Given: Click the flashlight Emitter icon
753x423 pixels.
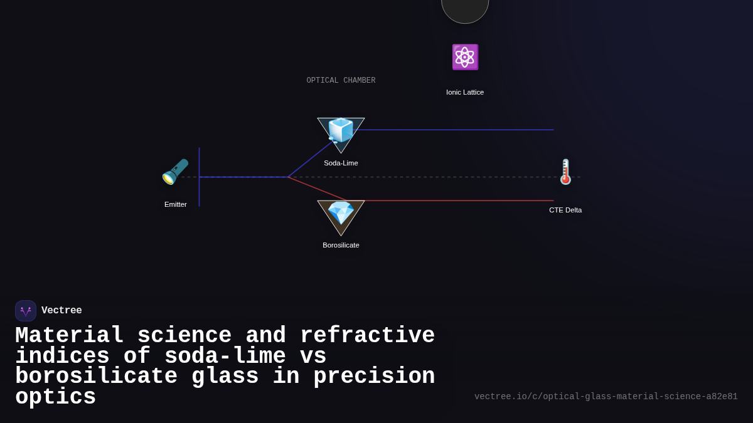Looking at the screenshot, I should (x=175, y=172).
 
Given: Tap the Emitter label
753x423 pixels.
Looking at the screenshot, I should (x=176, y=204).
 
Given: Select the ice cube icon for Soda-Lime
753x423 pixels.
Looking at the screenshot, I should (x=341, y=130).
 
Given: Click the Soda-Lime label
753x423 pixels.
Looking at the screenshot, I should (x=341, y=163).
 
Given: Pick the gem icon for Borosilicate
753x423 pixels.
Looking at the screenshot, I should (x=341, y=213).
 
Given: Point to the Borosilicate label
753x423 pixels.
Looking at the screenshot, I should (x=341, y=245).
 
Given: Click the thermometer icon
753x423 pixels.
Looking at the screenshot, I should (x=565, y=172).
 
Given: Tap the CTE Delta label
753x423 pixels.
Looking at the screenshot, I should (x=565, y=210).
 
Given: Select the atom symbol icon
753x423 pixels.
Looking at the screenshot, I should (x=465, y=57).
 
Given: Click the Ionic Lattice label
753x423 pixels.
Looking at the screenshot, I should (x=465, y=92).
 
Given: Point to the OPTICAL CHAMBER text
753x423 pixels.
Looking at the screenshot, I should (x=341, y=81).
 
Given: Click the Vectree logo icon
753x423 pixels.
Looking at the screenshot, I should (x=26, y=311).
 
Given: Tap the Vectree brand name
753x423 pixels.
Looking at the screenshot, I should (x=61, y=311).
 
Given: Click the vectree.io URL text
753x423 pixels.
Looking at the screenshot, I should (x=606, y=397).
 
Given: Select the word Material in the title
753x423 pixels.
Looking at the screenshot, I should (x=69, y=336).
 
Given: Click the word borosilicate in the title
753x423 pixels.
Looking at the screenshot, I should (x=96, y=377).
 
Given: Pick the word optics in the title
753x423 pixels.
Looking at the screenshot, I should (x=55, y=397).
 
